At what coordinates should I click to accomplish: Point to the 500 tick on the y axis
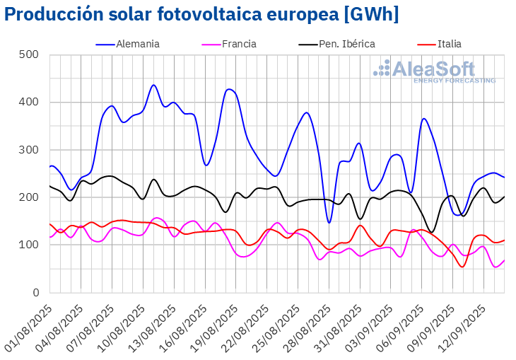pyautogui.click(x=29, y=55)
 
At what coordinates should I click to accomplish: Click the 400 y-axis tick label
pyautogui.click(x=29, y=103)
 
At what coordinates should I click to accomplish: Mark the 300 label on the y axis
pyautogui.click(x=29, y=150)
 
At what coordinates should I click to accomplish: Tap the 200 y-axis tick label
pyautogui.click(x=29, y=197)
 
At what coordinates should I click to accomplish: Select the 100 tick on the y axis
pyautogui.click(x=29, y=245)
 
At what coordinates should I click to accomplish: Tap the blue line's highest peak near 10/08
pyautogui.click(x=153, y=85)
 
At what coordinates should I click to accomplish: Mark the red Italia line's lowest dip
pyautogui.click(x=462, y=267)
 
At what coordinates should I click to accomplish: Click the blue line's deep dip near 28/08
pyautogui.click(x=329, y=223)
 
